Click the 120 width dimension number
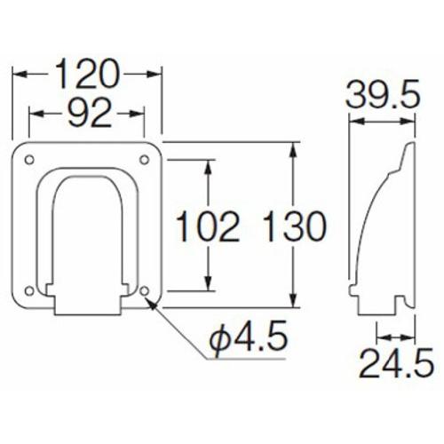point(87,74)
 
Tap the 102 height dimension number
point(208,226)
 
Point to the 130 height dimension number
point(294,226)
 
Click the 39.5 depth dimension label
point(383,94)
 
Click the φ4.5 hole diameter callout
point(249,339)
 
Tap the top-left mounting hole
point(29,160)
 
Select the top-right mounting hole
point(144,160)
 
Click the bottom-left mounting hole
point(29,291)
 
